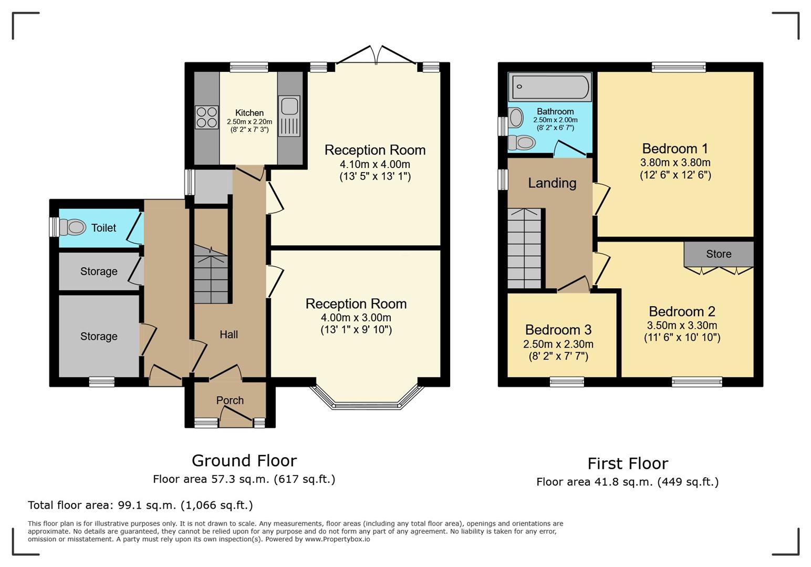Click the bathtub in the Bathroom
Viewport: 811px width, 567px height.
click(x=550, y=87)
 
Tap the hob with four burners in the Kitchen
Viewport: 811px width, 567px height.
click(x=207, y=117)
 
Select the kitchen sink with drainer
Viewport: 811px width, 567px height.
click(x=289, y=116)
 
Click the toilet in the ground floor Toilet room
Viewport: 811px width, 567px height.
click(x=72, y=227)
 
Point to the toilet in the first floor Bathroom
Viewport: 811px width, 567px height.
click(x=522, y=143)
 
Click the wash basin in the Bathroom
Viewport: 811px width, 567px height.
click(x=516, y=118)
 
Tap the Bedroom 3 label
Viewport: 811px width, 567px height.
click(x=558, y=330)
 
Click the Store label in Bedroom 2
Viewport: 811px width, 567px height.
click(x=719, y=254)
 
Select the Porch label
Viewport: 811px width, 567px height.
click(x=230, y=400)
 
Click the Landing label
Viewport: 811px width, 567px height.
click(x=552, y=183)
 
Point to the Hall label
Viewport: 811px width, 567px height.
click(x=229, y=335)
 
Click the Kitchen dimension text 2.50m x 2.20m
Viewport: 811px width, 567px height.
click(x=249, y=122)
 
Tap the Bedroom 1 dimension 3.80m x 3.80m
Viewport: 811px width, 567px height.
click(x=675, y=162)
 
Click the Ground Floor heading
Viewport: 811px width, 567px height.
click(x=244, y=460)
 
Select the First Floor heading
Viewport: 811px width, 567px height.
click(x=628, y=464)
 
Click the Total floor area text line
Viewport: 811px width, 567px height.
click(x=140, y=505)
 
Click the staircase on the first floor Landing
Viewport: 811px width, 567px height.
click(x=525, y=248)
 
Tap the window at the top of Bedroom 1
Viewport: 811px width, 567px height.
click(x=679, y=67)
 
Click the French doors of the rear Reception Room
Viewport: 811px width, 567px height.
click(x=376, y=55)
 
